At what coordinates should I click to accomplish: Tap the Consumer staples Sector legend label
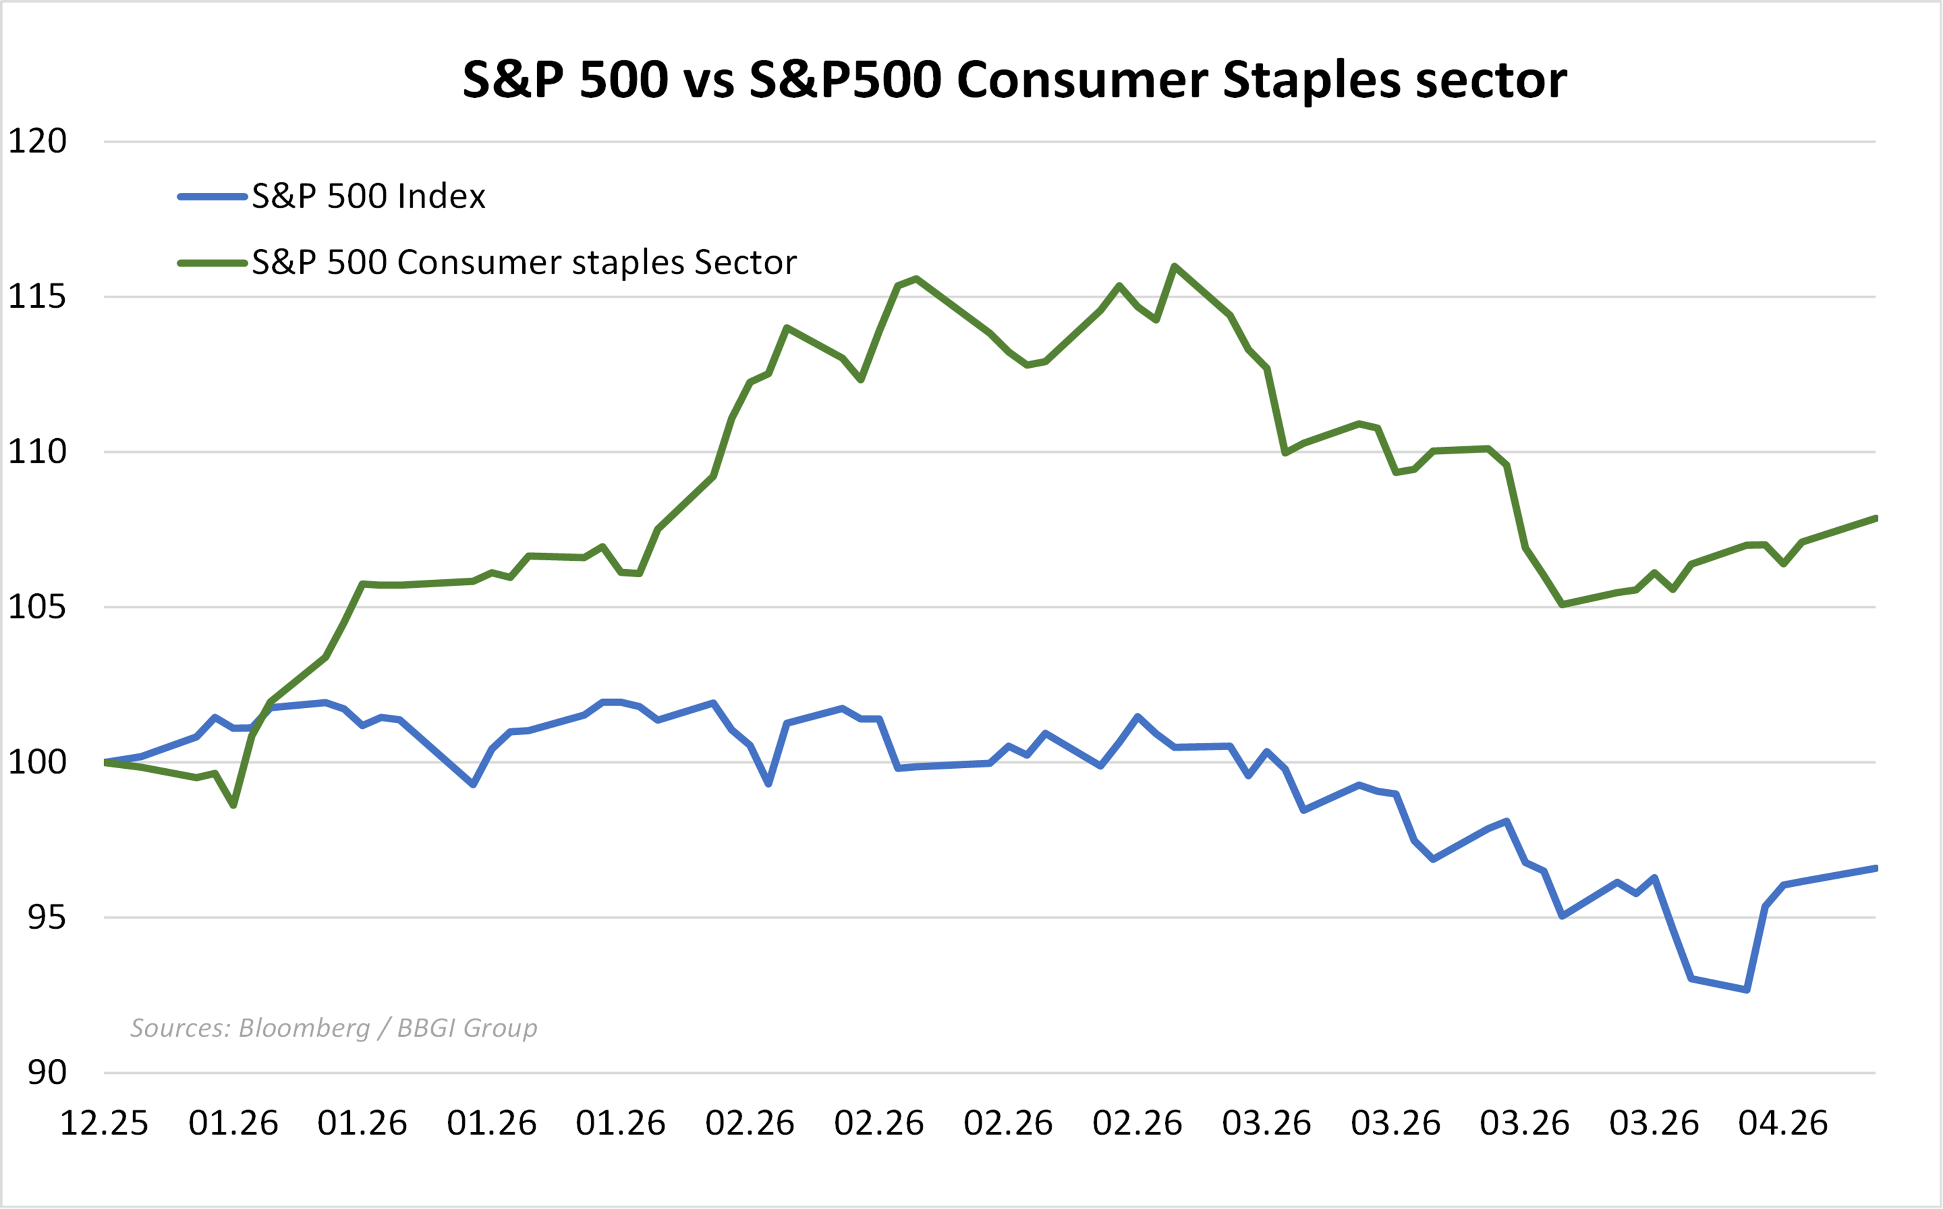[524, 262]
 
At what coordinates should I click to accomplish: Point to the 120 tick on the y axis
[37, 142]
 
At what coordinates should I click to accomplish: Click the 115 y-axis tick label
[37, 297]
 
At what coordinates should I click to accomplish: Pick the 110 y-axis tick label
[37, 452]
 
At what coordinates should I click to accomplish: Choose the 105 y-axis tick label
[37, 607]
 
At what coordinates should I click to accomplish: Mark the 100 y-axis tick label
[37, 762]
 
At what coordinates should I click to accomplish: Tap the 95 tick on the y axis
[46, 917]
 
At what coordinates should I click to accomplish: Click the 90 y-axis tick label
[46, 1072]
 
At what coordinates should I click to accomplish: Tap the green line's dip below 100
[233, 805]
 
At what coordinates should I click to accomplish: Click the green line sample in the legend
[212, 262]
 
